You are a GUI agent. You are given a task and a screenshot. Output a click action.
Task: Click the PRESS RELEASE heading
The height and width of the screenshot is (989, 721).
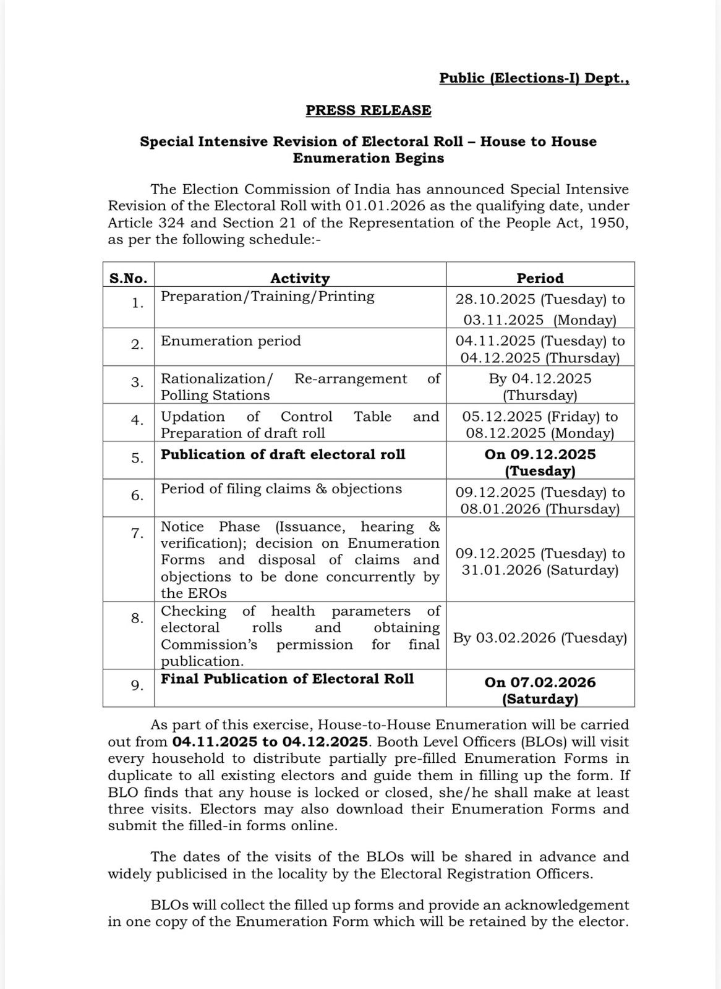click(368, 110)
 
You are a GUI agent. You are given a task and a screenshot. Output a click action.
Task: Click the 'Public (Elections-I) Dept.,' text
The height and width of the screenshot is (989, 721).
click(534, 78)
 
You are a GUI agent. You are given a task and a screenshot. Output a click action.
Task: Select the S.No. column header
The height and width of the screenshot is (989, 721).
click(128, 278)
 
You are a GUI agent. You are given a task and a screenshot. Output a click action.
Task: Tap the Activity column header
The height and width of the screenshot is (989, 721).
click(300, 278)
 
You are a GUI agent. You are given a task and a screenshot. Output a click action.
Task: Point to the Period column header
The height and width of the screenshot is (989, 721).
click(540, 278)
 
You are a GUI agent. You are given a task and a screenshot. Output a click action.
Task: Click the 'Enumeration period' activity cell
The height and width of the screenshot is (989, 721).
click(231, 341)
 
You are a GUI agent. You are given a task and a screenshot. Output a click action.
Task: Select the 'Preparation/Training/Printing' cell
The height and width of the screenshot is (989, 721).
click(267, 296)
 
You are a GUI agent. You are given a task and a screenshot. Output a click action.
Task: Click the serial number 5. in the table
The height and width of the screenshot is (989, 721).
click(137, 458)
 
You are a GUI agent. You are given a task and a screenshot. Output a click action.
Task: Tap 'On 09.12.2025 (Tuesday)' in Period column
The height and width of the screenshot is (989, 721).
click(540, 462)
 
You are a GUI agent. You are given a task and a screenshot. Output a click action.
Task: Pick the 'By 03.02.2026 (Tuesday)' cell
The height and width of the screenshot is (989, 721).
click(540, 638)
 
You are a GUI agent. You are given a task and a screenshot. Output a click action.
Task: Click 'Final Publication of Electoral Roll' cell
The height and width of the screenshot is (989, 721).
click(287, 679)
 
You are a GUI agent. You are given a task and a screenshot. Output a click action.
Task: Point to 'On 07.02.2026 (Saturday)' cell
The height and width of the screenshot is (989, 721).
click(540, 690)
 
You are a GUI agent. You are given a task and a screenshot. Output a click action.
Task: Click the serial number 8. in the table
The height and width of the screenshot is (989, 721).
click(137, 618)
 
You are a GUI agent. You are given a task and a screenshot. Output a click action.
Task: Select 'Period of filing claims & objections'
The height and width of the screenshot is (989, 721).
click(281, 489)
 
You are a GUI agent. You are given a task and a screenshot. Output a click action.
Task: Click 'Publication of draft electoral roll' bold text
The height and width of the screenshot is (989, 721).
click(283, 454)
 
